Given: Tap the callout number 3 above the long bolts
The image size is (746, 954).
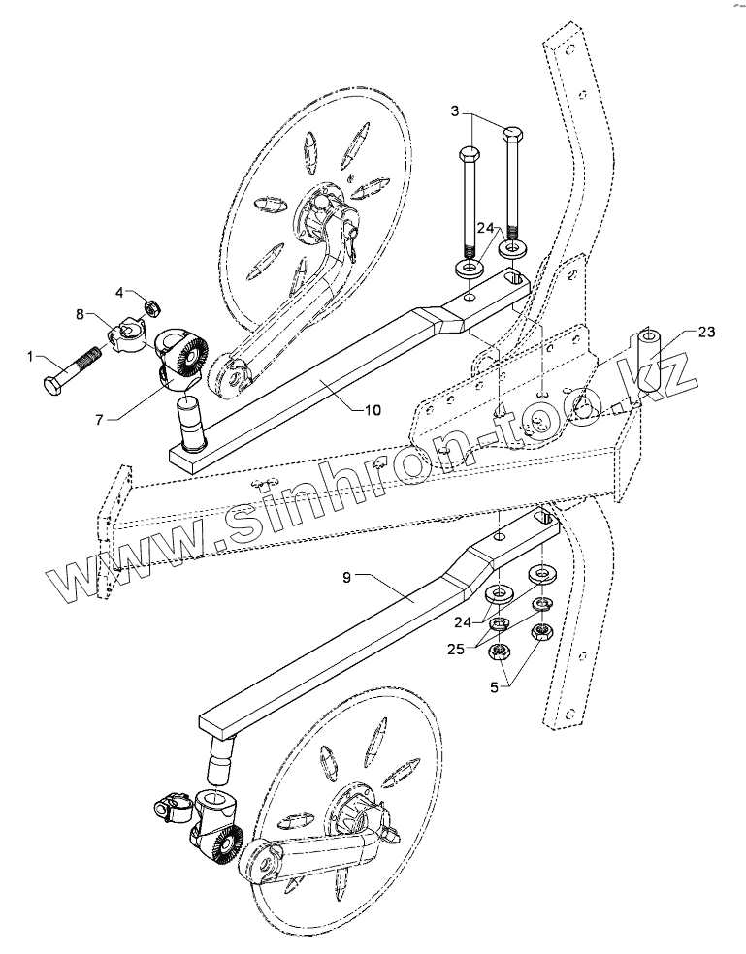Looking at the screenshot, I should pyautogui.click(x=455, y=112).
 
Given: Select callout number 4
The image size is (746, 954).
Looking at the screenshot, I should pyautogui.click(x=120, y=292).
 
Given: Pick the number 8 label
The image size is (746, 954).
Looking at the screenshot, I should pyautogui.click(x=81, y=313).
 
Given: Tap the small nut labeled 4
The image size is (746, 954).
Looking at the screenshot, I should pyautogui.click(x=151, y=308).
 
